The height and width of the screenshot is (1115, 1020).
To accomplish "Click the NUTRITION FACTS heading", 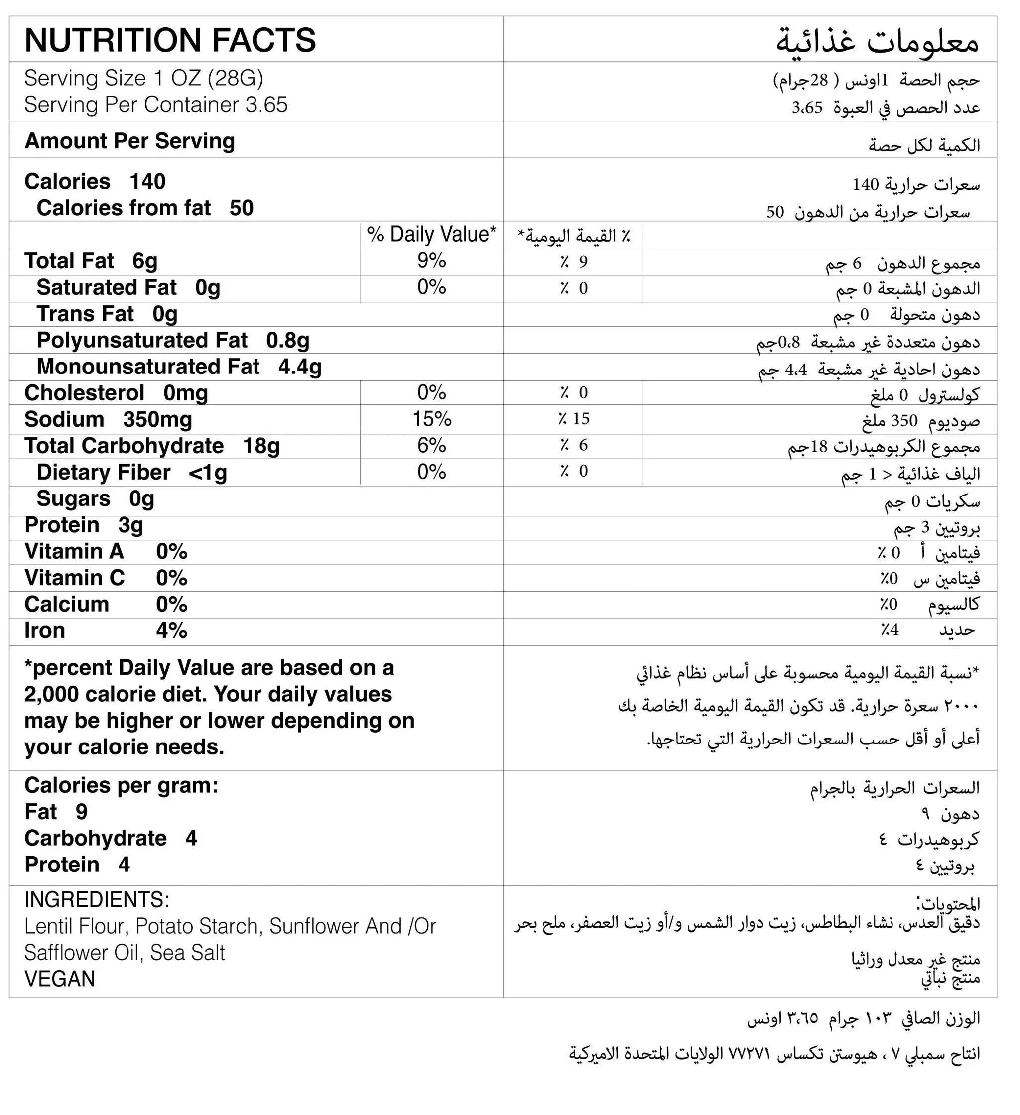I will coord(170,40).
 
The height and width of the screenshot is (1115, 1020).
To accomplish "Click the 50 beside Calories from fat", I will coord(241,208).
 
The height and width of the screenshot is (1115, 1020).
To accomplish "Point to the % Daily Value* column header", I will coord(431,235).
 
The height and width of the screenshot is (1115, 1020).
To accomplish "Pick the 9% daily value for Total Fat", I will coord(431,260).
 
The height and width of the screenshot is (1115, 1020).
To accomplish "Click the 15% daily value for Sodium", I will coord(431,419).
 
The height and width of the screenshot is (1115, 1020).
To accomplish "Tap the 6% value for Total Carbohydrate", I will coord(431,445).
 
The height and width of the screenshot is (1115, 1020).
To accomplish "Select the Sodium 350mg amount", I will coord(158,420).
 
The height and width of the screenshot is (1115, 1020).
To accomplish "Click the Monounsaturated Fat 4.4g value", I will coord(300,367).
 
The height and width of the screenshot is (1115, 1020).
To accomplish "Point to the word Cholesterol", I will coord(84,393).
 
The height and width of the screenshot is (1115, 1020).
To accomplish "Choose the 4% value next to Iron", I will coord(171,631).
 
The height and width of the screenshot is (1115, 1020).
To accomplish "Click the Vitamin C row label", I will coord(74,578).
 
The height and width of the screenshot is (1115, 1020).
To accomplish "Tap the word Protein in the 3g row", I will coord(62,525).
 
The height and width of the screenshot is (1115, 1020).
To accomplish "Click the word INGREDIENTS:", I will coord(97,900).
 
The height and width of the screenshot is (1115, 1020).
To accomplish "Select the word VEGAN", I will coord(60,979).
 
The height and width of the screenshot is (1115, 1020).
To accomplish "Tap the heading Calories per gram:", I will coord(121,786).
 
